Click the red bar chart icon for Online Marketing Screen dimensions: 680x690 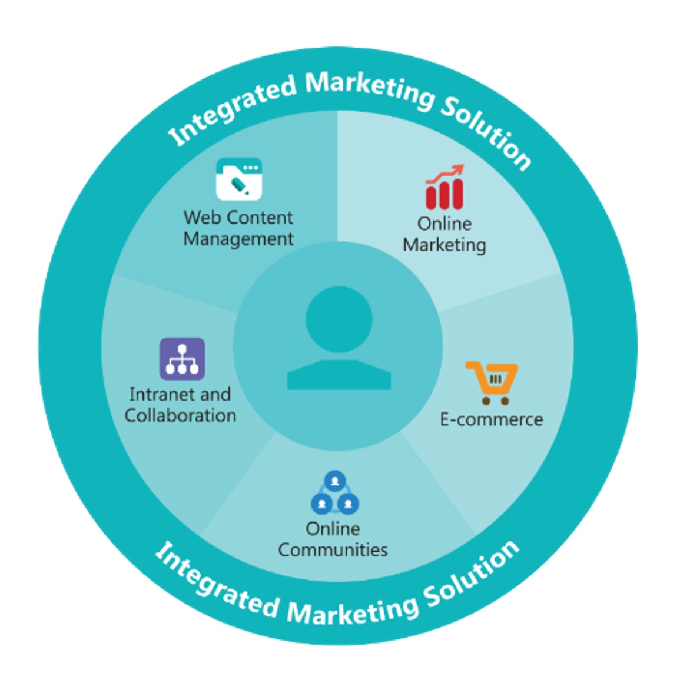444,194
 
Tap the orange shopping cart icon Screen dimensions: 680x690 492,382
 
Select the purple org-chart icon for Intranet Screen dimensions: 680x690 182,359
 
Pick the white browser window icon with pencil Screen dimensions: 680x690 238,179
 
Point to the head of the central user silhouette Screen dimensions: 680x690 339,319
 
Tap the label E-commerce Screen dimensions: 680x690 492,419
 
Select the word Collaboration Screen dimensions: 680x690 180,415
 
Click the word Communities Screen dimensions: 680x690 333,550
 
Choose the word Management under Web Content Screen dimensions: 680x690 238,239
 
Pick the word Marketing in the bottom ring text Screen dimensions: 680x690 353,611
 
